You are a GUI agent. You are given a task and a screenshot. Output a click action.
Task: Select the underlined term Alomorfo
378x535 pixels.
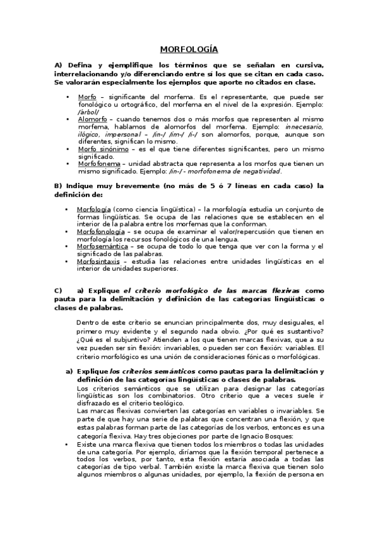click(x=92, y=118)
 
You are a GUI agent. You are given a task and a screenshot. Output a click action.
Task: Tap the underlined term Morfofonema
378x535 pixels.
click(x=98, y=163)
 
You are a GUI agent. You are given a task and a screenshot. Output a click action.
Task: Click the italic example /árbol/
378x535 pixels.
click(x=88, y=111)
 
